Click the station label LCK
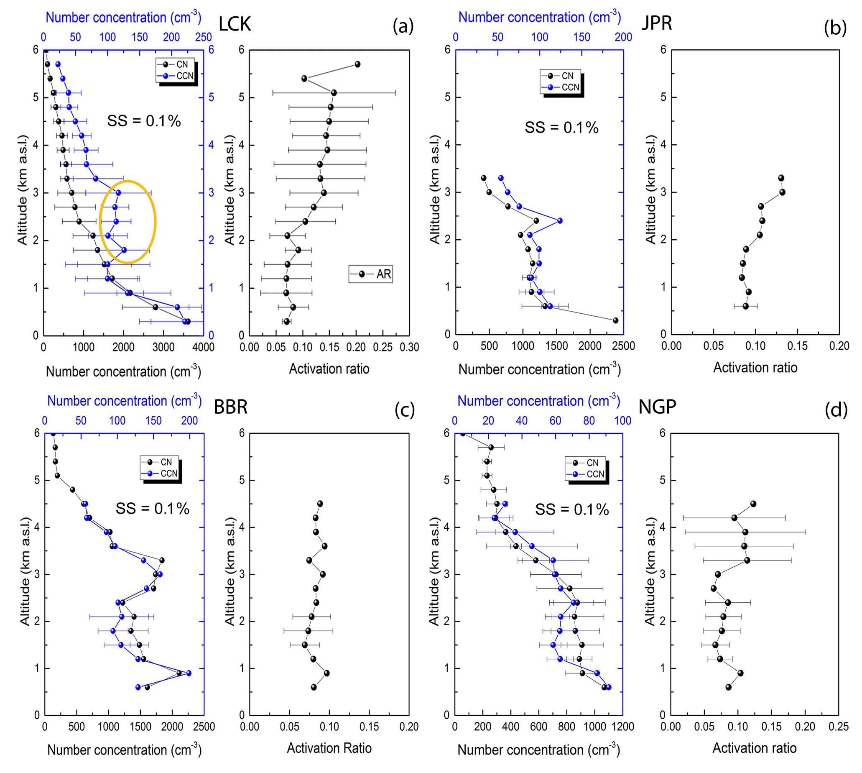pos(235,24)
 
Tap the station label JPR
pos(657,23)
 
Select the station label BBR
pos(230,407)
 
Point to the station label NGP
pos(657,407)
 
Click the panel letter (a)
pos(403,26)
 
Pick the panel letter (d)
pos(836,410)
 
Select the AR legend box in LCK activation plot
pos(370,274)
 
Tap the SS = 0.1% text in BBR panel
pos(152,508)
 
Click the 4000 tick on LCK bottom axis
pos(203,347)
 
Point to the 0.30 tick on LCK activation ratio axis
pos(409,347)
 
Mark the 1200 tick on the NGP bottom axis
pos(623,727)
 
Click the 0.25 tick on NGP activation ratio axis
pos(839,727)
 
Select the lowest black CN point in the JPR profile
pos(615,320)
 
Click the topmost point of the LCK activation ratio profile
pos(357,64)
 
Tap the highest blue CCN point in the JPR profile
pos(501,178)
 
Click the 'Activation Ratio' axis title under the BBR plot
pos(329,748)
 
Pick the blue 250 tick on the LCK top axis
pos(203,37)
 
